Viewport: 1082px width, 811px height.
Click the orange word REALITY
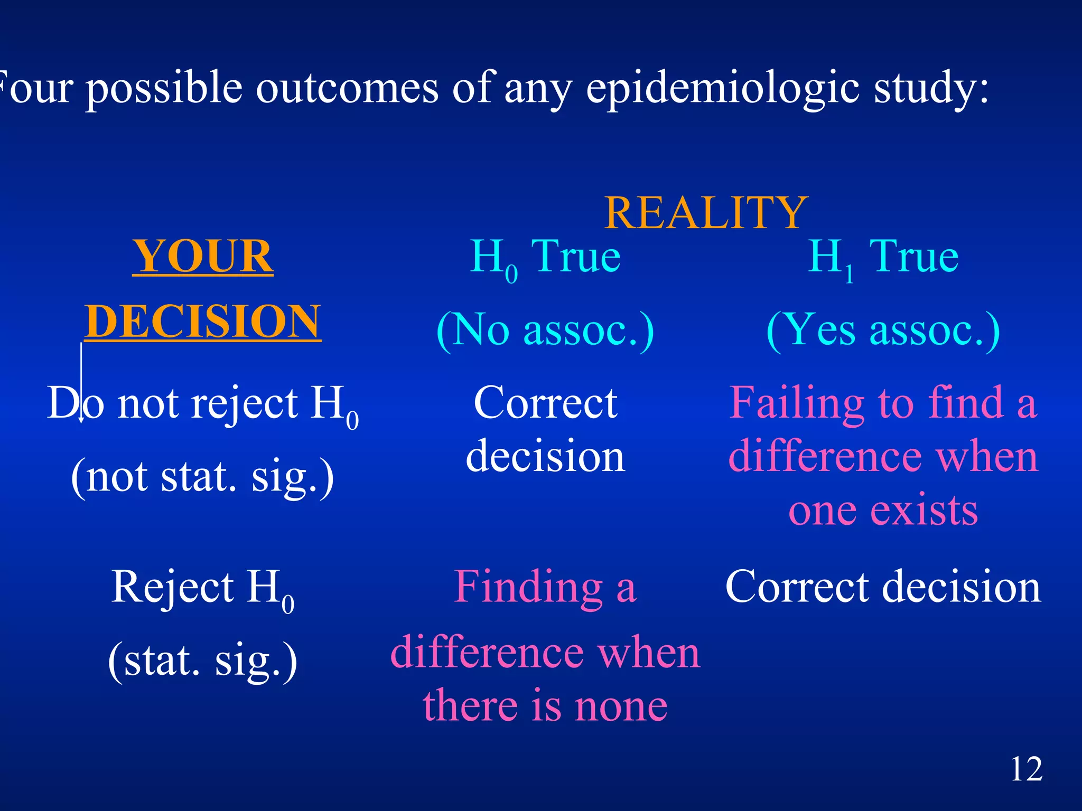[706, 213]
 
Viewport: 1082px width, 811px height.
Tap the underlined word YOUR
[203, 257]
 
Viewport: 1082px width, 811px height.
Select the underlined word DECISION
[203, 322]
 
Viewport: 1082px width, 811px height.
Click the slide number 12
[1026, 769]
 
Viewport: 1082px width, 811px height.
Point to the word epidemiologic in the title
[723, 88]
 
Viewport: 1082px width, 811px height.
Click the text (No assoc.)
[545, 330]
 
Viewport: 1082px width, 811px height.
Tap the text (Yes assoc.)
[883, 330]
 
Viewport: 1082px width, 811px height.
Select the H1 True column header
[883, 258]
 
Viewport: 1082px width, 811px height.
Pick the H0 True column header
[545, 258]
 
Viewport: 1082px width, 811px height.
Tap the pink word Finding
[528, 587]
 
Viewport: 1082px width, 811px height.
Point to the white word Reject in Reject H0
[172, 587]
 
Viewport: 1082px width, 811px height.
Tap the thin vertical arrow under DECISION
[81, 383]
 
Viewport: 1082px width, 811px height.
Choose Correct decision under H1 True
[883, 587]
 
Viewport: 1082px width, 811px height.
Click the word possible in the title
[164, 88]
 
